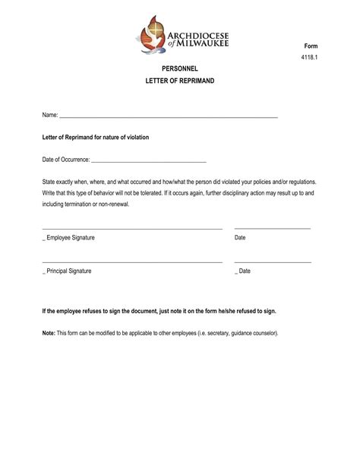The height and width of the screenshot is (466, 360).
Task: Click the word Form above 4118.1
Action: click(311, 46)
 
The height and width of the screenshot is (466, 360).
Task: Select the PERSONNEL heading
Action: click(180, 68)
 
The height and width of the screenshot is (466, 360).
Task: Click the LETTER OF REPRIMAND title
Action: click(180, 80)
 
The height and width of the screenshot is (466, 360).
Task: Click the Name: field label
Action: click(49, 116)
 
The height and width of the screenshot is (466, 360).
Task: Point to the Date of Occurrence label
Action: click(65, 160)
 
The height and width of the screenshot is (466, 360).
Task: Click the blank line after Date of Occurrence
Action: click(148, 162)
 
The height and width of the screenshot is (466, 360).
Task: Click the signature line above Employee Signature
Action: click(132, 228)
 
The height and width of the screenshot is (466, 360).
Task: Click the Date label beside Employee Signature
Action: click(240, 238)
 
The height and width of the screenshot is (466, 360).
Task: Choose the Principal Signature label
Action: click(68, 271)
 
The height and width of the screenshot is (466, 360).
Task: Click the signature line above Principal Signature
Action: click(132, 262)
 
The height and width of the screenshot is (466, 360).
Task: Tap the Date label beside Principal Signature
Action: click(244, 271)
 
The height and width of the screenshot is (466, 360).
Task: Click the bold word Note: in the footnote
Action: click(49, 333)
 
